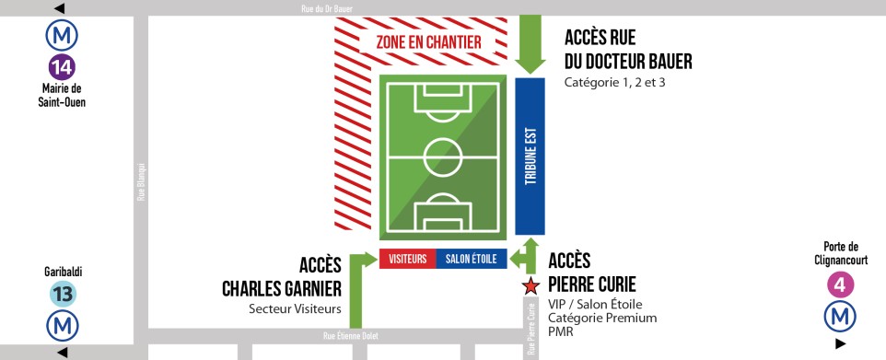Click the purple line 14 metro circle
click(63, 67)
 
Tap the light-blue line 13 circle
click(63, 295)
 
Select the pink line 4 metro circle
click(840, 285)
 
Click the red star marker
click(530, 286)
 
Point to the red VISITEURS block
click(407, 260)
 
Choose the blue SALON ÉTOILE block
click(471, 260)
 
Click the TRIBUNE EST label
click(530, 156)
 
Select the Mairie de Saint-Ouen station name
click(63, 95)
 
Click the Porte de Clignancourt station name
click(840, 252)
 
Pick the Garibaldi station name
click(63, 272)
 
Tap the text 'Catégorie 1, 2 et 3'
click(615, 83)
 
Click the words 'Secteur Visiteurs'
click(294, 308)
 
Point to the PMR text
click(559, 331)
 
